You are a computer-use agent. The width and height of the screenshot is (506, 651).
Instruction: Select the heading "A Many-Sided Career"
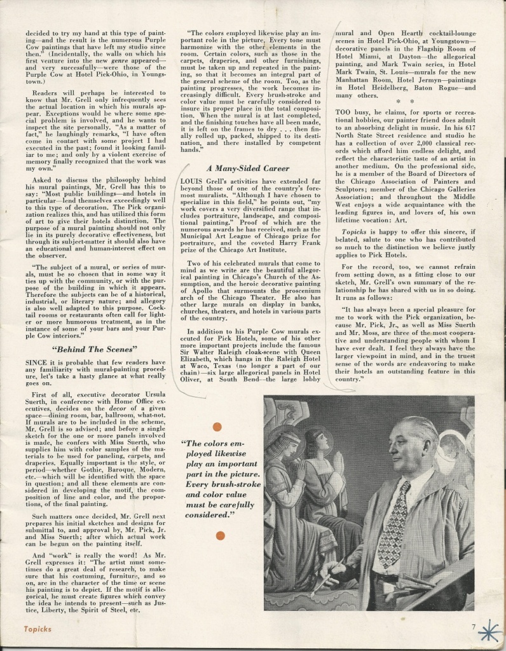pos(248,168)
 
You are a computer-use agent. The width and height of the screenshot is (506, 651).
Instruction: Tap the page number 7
pos(474,626)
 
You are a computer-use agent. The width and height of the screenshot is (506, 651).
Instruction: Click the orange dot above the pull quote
pos(217,427)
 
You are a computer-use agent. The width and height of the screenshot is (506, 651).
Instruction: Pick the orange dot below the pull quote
pos(220,535)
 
